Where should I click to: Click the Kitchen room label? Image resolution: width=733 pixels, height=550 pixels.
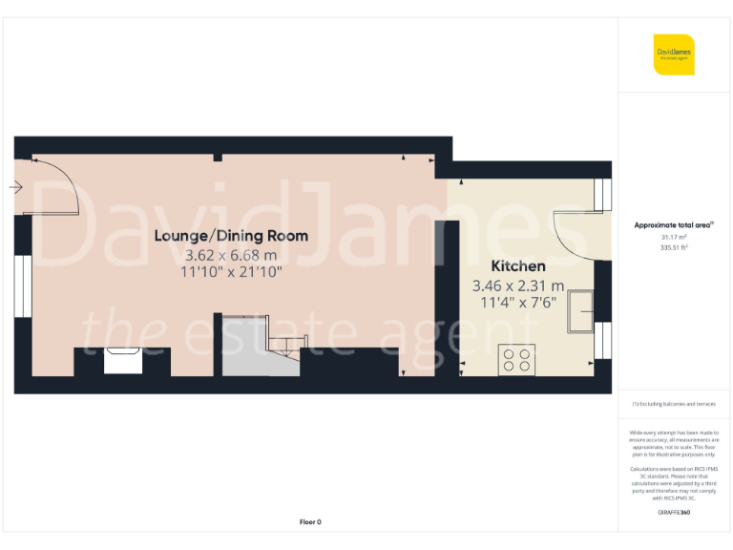pos(518,265)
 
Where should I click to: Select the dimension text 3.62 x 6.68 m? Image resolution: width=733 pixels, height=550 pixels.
pos(231,255)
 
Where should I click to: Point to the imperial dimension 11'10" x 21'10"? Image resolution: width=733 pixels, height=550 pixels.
pos(232,272)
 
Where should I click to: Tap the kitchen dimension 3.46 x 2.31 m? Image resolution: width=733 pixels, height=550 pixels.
pos(518,286)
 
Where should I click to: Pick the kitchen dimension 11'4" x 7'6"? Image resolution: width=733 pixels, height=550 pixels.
pos(518,303)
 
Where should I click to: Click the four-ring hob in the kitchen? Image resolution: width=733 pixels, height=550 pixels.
pos(516,359)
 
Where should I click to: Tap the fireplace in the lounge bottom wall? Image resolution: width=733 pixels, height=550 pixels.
pos(122,363)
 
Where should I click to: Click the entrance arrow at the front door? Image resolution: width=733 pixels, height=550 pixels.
pos(15,187)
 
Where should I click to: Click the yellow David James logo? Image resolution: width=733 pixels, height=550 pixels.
pos(674,54)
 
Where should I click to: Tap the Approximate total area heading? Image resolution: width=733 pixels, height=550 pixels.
pos(674,225)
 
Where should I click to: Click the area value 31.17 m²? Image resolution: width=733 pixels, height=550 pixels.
pos(674,237)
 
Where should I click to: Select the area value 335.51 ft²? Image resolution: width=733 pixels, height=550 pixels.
pos(674,246)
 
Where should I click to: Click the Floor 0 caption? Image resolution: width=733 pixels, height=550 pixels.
pos(310,521)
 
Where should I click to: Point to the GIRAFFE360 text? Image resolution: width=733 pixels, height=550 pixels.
pos(674,514)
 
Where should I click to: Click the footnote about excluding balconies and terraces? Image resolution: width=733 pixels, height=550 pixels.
pos(674,404)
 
